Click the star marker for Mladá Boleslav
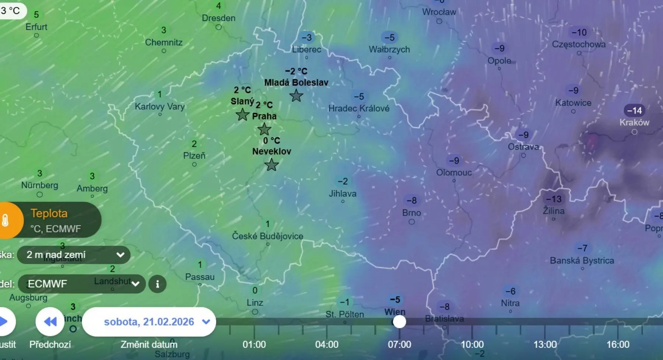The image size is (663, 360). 296,96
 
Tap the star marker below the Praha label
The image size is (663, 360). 264,129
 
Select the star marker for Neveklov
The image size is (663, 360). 271,165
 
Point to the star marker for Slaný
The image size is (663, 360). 242,115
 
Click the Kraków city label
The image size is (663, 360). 634,122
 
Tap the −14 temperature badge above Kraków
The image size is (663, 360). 634,110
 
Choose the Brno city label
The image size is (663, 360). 411,213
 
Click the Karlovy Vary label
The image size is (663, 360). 159,106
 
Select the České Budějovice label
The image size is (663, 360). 267,236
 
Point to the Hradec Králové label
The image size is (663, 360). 359,108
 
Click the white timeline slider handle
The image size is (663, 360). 399,322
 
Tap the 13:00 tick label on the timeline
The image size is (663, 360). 545,345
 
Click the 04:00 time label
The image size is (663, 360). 327,345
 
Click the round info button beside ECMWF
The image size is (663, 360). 157,284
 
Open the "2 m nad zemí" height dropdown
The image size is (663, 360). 74,255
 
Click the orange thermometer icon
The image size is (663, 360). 6,220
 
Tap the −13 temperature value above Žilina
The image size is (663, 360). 554,199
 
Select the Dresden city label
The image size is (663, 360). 218,18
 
